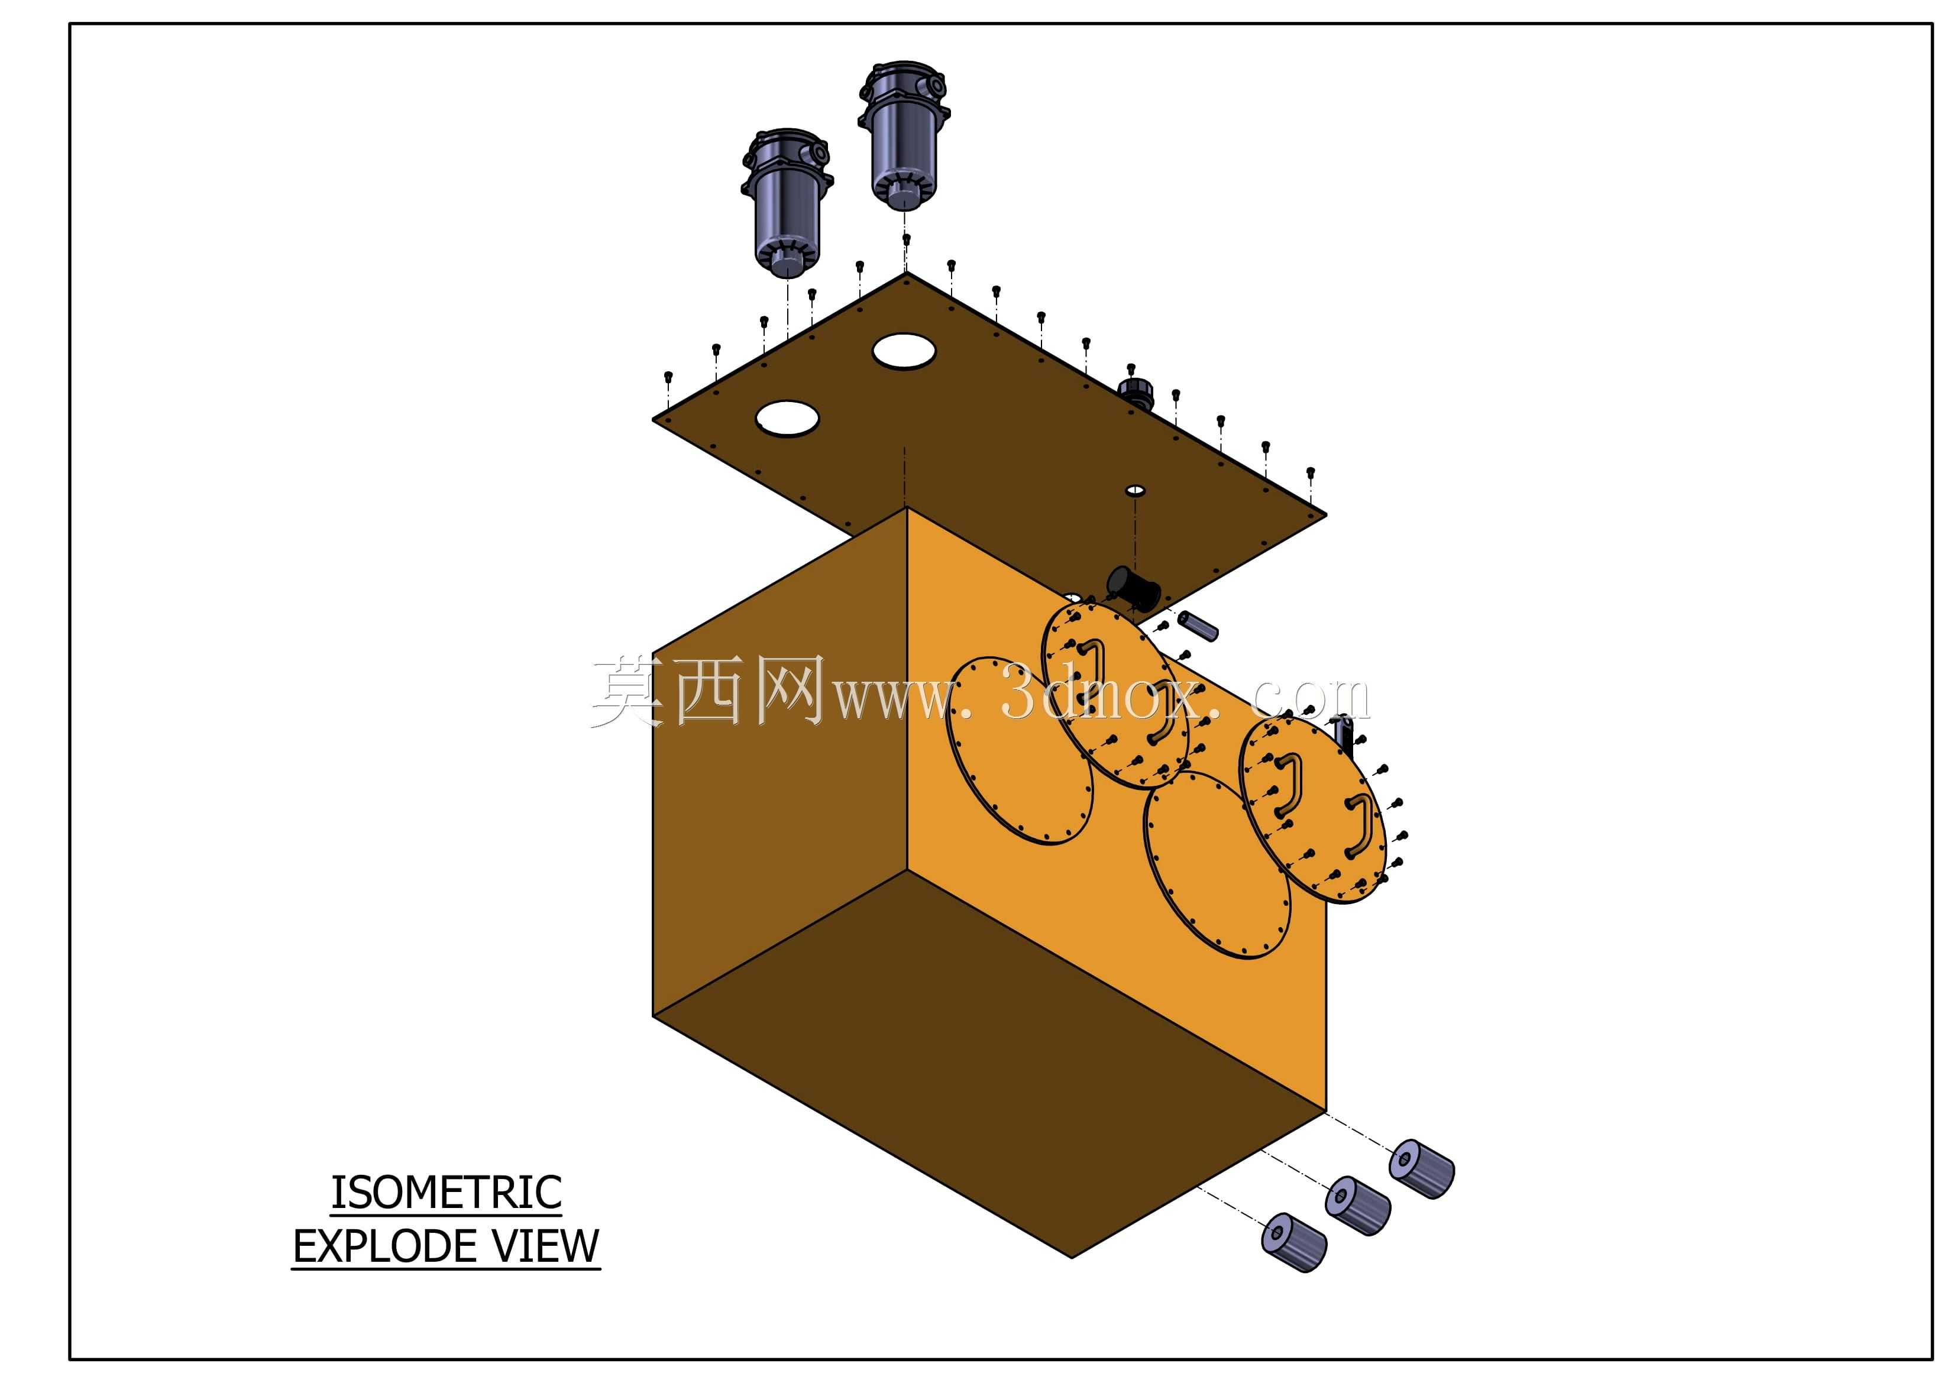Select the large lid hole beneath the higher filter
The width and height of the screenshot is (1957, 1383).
904,351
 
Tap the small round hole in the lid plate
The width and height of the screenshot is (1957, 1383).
1136,491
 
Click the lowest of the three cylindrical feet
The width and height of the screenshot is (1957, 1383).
1294,1243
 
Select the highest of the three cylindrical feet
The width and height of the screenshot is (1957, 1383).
1422,1168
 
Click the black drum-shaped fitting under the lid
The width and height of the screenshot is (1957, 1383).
1133,588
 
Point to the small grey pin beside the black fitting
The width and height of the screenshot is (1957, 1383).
1198,626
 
